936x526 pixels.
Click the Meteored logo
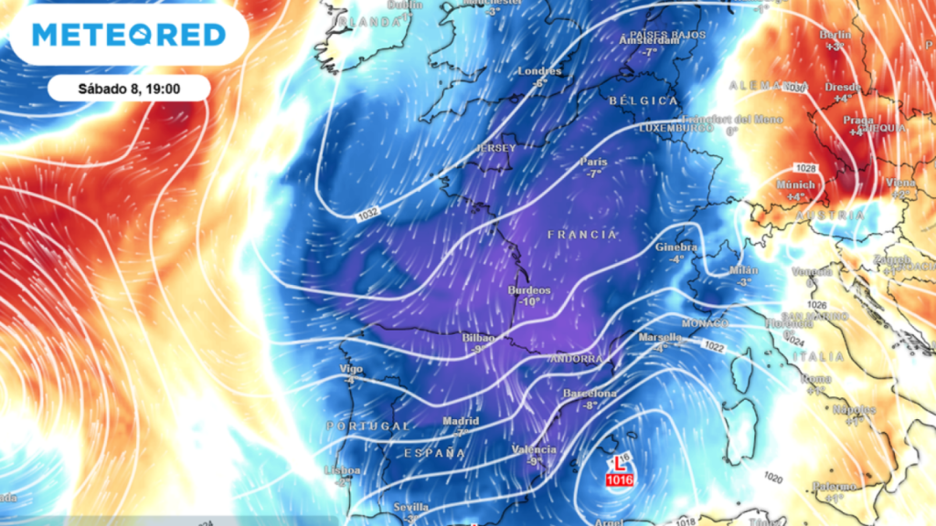click(129, 35)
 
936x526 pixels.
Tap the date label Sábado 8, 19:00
click(128, 89)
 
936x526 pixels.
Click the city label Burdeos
click(529, 290)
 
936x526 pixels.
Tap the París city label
click(594, 163)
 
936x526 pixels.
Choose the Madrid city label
click(461, 421)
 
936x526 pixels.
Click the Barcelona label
click(590, 394)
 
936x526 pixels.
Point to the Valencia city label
click(534, 449)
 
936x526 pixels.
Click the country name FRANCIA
click(583, 235)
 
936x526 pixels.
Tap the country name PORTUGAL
click(368, 426)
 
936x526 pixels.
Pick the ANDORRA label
click(576, 360)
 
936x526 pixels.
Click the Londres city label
click(539, 71)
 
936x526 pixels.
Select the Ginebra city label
click(676, 247)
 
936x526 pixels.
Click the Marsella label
click(659, 338)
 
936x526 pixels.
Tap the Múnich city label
click(794, 184)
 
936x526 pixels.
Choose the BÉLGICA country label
click(643, 100)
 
